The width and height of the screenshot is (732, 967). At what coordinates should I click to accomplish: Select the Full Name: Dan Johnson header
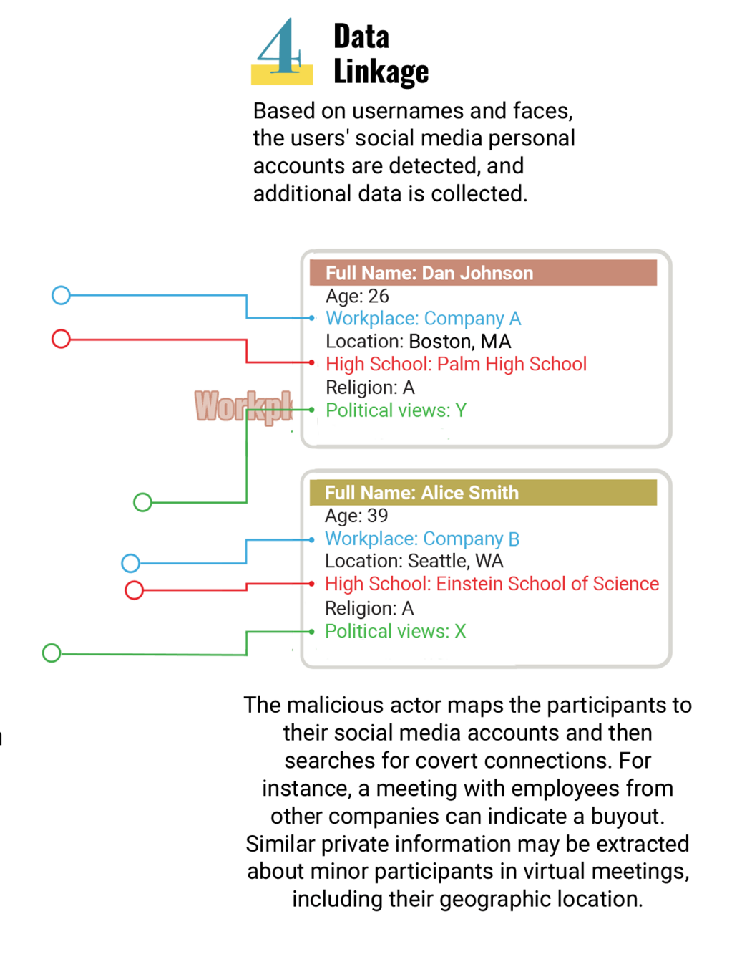click(429, 273)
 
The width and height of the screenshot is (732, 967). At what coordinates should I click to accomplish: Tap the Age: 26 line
click(357, 296)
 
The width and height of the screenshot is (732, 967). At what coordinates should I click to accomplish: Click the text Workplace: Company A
click(423, 318)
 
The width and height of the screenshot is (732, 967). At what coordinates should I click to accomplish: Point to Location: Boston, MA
click(418, 341)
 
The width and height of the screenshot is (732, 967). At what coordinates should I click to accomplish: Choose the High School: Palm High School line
click(456, 364)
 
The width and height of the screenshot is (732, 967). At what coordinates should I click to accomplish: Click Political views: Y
click(396, 410)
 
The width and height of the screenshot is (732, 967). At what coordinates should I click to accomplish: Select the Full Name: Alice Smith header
click(421, 493)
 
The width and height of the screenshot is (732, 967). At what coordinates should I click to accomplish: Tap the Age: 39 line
click(356, 516)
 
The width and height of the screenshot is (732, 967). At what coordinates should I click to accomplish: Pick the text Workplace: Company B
click(422, 539)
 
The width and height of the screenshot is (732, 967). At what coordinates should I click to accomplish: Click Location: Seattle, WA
click(414, 561)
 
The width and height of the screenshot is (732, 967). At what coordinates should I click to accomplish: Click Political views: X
click(395, 631)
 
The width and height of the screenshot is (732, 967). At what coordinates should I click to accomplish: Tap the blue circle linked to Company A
click(61, 295)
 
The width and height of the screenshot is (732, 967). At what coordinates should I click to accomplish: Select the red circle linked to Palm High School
click(61, 339)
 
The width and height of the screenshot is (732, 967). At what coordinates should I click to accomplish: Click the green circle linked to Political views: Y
click(143, 502)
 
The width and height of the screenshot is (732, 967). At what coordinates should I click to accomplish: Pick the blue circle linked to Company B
click(130, 563)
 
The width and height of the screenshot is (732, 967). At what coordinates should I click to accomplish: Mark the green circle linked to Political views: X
click(52, 653)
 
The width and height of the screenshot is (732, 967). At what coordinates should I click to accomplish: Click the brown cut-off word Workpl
click(243, 406)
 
